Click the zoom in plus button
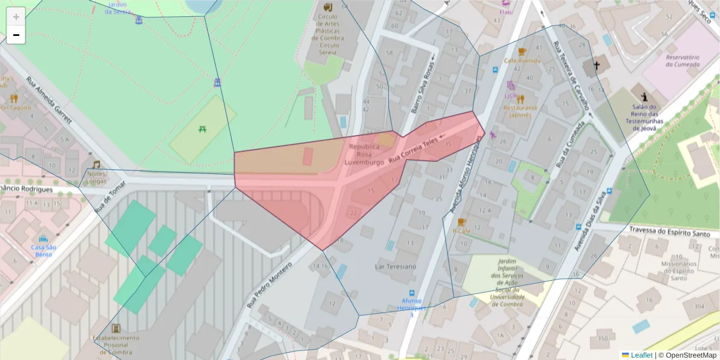pyautogui.click(x=16, y=17)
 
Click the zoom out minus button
pyautogui.click(x=16, y=35)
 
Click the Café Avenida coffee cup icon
pyautogui.click(x=521, y=52)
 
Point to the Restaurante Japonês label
pyautogui.click(x=520, y=111)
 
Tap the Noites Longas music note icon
pyautogui.click(x=96, y=164)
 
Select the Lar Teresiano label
pyautogui.click(x=395, y=266)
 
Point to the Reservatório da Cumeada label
pyautogui.click(x=682, y=60)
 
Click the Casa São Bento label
pyautogui.click(x=43, y=250)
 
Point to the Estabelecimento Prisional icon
pyautogui.click(x=116, y=328)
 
